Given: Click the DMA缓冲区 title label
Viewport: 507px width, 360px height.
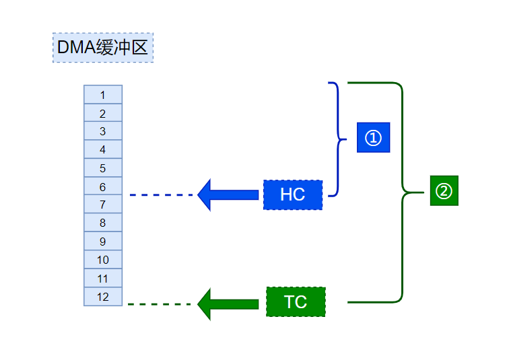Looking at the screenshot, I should click(x=103, y=48).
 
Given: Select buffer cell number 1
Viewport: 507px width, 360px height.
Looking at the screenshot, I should click(x=103, y=95).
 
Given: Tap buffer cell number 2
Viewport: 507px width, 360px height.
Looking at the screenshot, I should click(x=103, y=113).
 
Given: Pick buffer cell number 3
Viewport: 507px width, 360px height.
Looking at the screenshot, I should click(x=103, y=131).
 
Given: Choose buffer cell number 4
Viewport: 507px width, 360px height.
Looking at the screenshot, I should click(x=103, y=149).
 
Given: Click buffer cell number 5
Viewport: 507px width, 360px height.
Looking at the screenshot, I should click(x=103, y=168).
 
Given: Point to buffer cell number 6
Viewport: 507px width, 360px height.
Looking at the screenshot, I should click(x=103, y=186).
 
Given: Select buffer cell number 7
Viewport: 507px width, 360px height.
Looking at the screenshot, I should click(x=103, y=205).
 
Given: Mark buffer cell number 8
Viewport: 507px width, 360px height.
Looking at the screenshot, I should click(x=103, y=223).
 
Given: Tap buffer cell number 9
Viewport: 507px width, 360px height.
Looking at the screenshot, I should click(x=103, y=242).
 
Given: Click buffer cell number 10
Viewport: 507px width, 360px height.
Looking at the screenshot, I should click(x=103, y=260).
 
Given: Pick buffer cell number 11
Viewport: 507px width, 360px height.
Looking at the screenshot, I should click(x=103, y=278).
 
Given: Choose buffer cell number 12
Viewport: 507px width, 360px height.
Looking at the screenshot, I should click(x=103, y=297).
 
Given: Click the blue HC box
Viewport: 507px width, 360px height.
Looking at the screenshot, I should click(x=293, y=195).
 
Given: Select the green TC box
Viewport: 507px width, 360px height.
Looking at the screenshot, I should click(x=296, y=302).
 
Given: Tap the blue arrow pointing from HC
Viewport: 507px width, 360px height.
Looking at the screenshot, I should click(x=229, y=195).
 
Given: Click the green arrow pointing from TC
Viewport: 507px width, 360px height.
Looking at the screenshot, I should click(x=229, y=304).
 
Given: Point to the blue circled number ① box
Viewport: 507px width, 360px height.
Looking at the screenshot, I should click(x=373, y=138).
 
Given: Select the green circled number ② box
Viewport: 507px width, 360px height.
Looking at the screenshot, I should click(x=444, y=191).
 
